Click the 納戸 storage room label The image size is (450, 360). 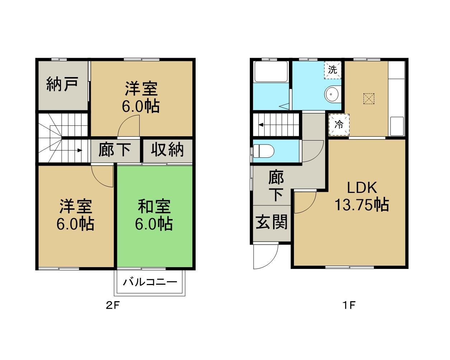(62, 84)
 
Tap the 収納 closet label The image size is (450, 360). (167, 150)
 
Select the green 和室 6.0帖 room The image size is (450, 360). (155, 216)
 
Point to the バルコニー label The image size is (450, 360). (150, 282)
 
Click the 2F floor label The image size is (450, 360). (113, 306)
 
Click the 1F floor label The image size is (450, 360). (349, 306)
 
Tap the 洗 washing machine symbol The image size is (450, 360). (333, 70)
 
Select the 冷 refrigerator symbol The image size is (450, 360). (339, 124)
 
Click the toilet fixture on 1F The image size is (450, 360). (263, 151)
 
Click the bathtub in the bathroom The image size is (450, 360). (271, 71)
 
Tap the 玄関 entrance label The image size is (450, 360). (272, 222)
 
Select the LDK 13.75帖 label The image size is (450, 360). (362, 196)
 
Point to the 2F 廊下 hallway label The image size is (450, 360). (115, 150)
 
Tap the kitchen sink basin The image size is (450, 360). (397, 126)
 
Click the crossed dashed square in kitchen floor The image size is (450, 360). (369, 99)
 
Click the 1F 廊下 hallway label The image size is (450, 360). (276, 186)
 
